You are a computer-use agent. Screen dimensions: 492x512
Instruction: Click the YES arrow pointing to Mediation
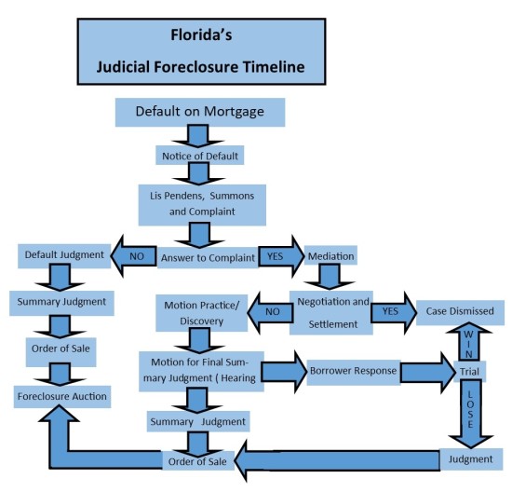point(276,253)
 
